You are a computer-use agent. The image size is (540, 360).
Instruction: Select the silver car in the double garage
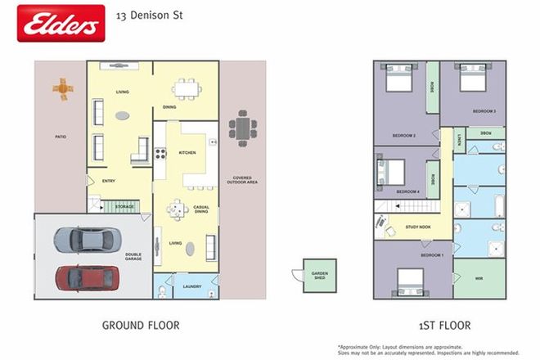[83, 240]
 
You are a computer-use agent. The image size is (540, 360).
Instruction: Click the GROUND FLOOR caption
[140, 325]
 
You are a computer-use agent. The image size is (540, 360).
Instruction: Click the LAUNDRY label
[192, 286]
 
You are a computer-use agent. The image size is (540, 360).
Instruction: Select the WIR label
[478, 279]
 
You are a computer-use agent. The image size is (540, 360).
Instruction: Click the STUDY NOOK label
[417, 227]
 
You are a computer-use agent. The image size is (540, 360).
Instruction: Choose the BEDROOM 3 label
[484, 110]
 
